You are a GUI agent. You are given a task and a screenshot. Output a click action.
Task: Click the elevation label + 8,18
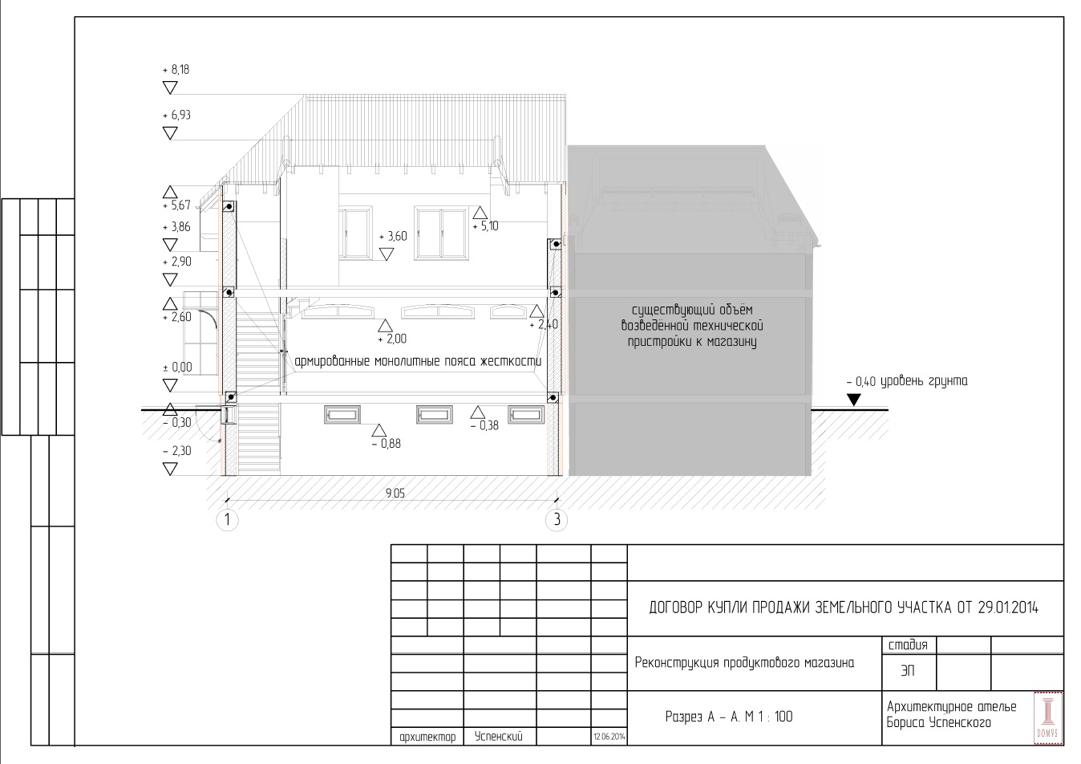pos(176,70)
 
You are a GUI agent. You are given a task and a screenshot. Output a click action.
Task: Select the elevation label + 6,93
pos(176,116)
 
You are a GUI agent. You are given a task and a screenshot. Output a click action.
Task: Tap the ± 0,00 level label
pos(177,368)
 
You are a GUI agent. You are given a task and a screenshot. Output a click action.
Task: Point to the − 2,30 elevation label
pos(177,451)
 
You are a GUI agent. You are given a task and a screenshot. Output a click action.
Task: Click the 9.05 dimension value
pos(395,493)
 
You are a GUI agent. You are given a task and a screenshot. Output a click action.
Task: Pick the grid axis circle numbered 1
pos(227,520)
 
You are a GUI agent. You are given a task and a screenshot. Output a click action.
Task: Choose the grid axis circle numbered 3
pos(557,520)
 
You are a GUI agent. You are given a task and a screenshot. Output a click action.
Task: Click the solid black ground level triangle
pos(854,400)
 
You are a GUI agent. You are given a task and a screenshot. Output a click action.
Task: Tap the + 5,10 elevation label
pos(485,226)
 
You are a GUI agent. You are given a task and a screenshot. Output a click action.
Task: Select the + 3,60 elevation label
pos(393,237)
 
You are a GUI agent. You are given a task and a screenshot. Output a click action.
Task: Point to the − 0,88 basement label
pos(387,443)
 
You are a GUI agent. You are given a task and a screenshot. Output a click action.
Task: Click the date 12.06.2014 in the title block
pos(609,737)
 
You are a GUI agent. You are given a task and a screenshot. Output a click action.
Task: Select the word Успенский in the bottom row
pos(499,737)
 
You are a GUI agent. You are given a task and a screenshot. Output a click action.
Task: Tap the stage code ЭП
pos(908,671)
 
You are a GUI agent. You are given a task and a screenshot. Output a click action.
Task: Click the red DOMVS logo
pos(1047,717)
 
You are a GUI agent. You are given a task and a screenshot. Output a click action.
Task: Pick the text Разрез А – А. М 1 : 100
pos(729,717)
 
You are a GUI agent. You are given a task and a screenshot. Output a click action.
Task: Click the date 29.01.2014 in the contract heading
pos(1008,608)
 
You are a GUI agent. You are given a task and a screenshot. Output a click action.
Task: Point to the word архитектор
pos(427,738)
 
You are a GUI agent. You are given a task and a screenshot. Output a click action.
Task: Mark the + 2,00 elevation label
pos(392,339)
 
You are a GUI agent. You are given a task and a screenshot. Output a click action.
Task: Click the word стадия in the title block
pos(908,645)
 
